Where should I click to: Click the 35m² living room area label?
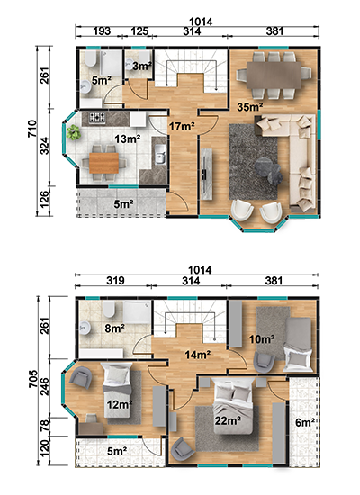[250, 107]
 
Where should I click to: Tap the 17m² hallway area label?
[182, 127]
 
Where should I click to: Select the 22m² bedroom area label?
[228, 420]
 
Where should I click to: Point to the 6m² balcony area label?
[305, 422]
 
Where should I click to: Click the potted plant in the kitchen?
[73, 132]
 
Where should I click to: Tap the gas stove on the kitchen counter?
[97, 118]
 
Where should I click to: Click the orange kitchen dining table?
[103, 163]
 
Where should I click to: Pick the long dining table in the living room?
[274, 75]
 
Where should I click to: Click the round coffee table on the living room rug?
[268, 169]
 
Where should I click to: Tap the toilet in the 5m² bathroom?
[90, 59]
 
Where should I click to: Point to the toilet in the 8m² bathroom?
[109, 310]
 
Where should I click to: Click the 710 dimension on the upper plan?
[32, 129]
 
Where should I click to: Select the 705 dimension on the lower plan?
[32, 379]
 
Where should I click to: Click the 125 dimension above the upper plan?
[139, 31]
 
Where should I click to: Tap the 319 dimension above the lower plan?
[115, 281]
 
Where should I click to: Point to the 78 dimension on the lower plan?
[45, 425]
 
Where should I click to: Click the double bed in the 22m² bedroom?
[233, 405]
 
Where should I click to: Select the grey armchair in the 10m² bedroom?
[264, 362]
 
